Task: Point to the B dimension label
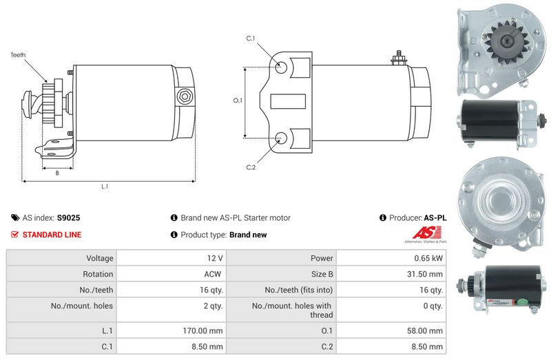click(57, 173)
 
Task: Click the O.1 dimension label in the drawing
click(238, 100)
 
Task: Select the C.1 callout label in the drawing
click(251, 39)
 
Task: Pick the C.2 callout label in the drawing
click(251, 167)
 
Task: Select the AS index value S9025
click(68, 218)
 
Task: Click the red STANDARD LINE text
click(52, 235)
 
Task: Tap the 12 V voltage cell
click(215, 259)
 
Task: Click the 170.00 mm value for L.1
click(204, 330)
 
